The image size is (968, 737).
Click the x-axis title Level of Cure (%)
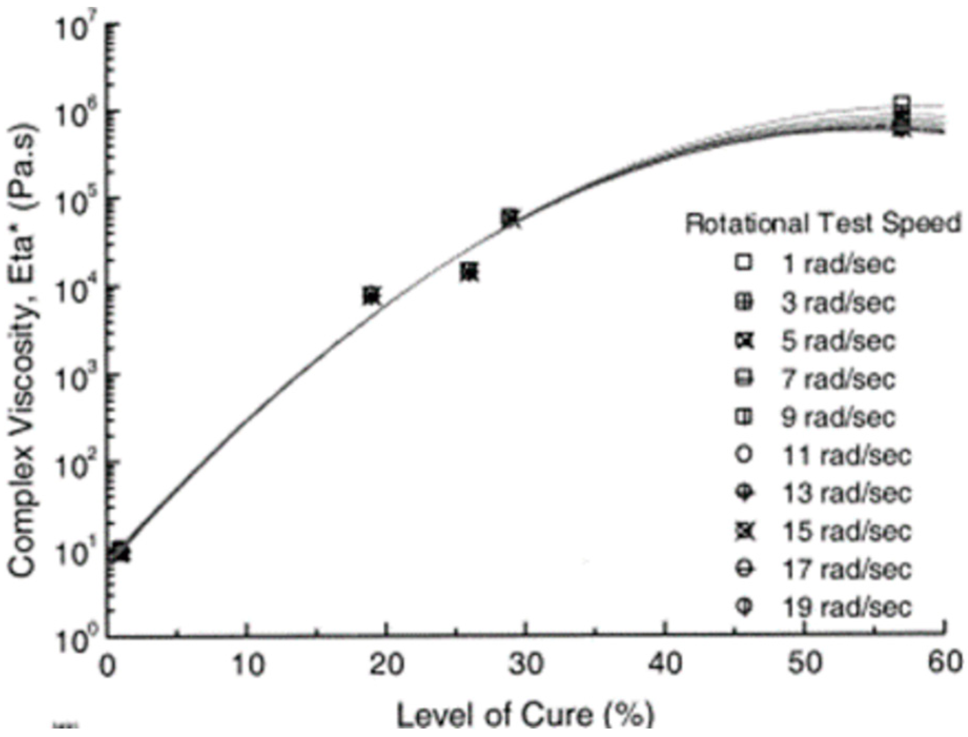pyautogui.click(x=525, y=715)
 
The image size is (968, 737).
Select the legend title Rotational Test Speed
pyautogui.click(x=822, y=223)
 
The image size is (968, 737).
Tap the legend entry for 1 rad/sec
pyautogui.click(x=838, y=263)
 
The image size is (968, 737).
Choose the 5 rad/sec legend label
pyautogui.click(x=838, y=341)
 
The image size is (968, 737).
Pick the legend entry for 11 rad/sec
pyautogui.click(x=846, y=455)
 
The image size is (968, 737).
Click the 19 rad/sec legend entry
pyautogui.click(x=846, y=608)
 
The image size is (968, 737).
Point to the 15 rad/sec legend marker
pyautogui.click(x=745, y=531)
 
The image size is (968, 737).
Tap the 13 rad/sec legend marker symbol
pyautogui.click(x=745, y=493)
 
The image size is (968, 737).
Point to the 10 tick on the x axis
pyautogui.click(x=248, y=664)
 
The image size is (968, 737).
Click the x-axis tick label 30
pyautogui.click(x=527, y=664)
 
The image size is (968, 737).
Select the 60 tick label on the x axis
pyautogui.click(x=944, y=664)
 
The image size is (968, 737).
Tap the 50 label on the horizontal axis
pyautogui.click(x=806, y=664)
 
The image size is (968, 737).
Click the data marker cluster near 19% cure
pyautogui.click(x=372, y=296)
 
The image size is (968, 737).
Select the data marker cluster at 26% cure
pyautogui.click(x=469, y=272)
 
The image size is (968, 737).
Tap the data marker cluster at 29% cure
pyautogui.click(x=510, y=218)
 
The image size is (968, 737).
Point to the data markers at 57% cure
pyautogui.click(x=902, y=118)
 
